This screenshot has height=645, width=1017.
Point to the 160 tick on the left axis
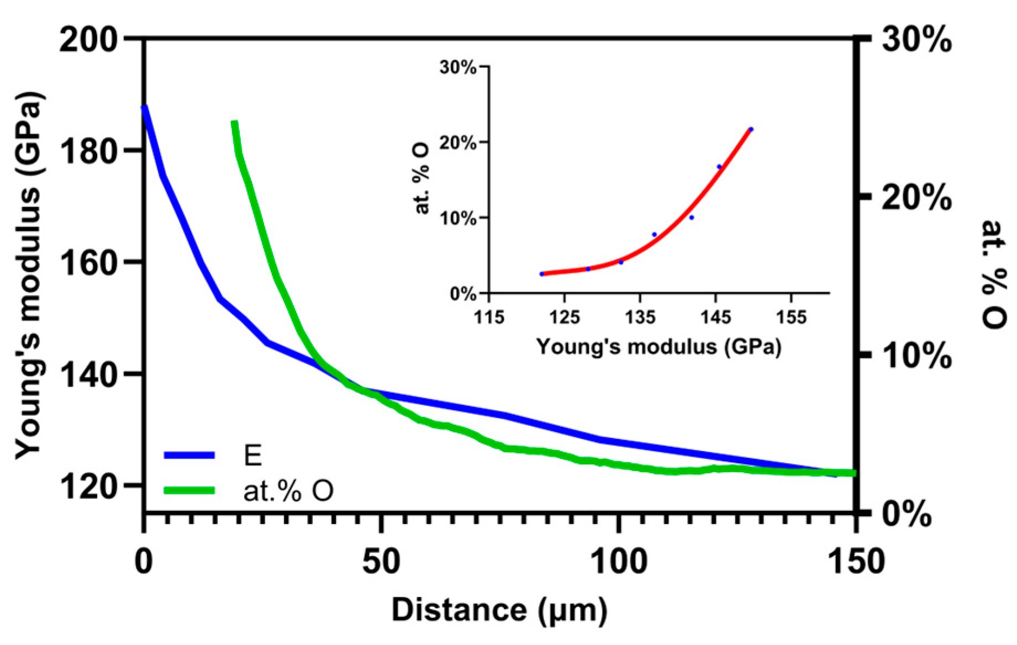click(88, 263)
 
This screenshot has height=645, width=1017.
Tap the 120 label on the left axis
click(88, 487)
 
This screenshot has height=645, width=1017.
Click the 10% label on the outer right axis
click(916, 356)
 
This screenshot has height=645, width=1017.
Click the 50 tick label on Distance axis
click(380, 562)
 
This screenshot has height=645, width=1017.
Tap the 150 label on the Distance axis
click(855, 562)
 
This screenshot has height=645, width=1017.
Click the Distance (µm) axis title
click(499, 611)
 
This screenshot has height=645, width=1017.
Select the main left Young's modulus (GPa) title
click(29, 276)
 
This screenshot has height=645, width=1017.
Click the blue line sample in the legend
click(189, 455)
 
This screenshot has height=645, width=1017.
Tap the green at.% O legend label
click(288, 490)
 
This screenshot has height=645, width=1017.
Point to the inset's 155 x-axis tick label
click(791, 318)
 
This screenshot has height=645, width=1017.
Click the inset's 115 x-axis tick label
click(489, 318)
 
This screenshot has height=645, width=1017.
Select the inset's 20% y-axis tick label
click(458, 142)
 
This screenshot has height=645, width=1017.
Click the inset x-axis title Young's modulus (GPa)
click(658, 347)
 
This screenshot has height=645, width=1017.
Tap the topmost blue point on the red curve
click(751, 129)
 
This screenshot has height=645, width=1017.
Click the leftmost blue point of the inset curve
click(542, 274)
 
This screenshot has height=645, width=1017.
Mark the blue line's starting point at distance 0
click(145, 108)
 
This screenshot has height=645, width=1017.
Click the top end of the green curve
click(234, 123)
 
